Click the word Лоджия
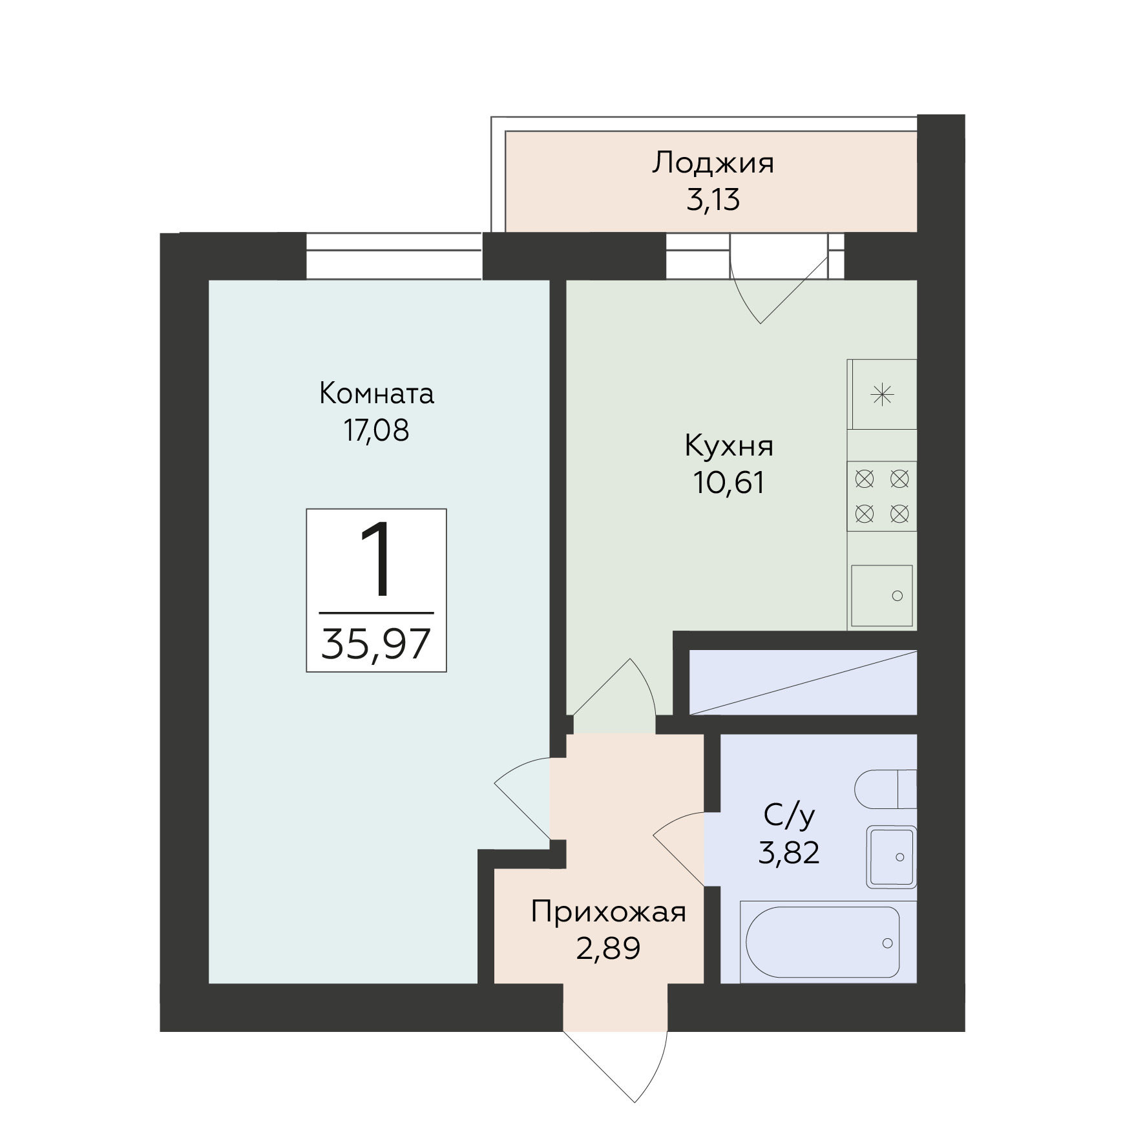coord(712,163)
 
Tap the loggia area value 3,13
coord(712,200)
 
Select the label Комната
coord(376,394)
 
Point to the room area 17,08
coord(376,430)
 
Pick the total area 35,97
coord(376,644)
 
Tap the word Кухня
coord(728,446)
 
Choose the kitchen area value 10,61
coord(728,483)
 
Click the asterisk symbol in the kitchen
coord(882,394)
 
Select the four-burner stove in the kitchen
coord(882,496)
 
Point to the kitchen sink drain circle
coord(897,596)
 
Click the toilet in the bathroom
coord(885,789)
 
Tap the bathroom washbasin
coord(892,857)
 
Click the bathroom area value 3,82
coord(789,854)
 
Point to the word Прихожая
coord(607,913)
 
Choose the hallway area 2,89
coord(607,949)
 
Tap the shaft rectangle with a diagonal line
coord(803,683)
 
